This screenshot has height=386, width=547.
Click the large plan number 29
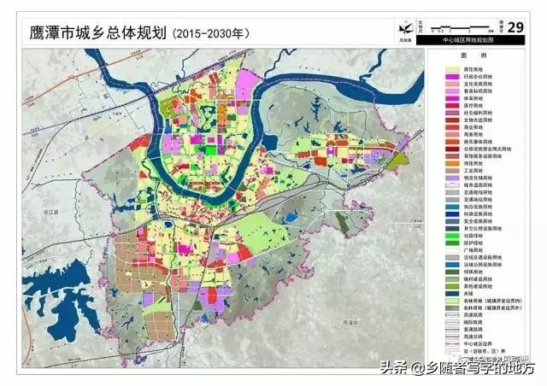click(515, 28)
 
